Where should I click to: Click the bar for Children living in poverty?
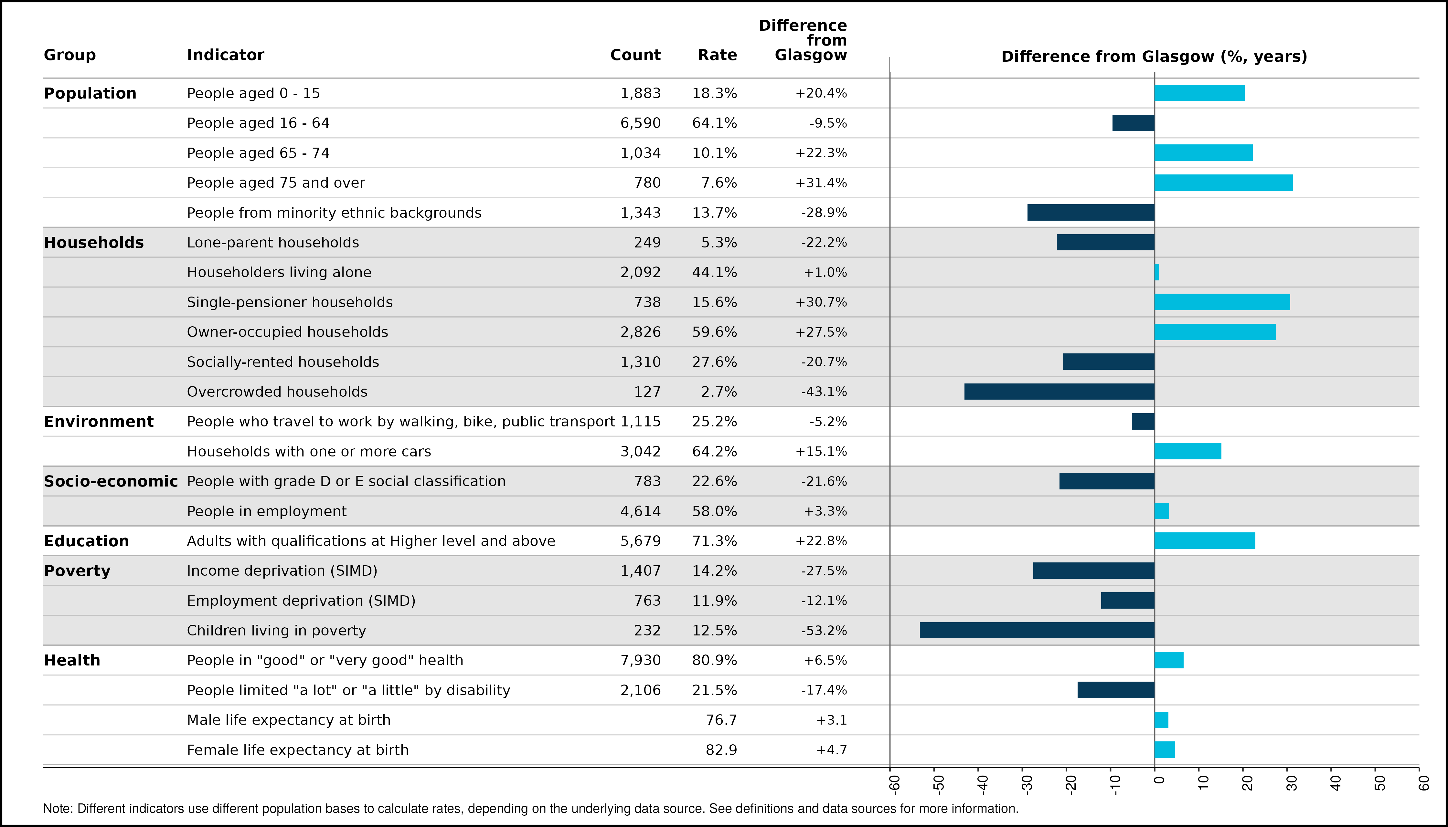[x=1037, y=631]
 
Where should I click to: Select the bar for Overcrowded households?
[x=1059, y=391]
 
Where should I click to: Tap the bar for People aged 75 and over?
[x=1223, y=183]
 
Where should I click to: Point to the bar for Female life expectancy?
[x=1165, y=750]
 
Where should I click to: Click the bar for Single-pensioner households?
[x=1222, y=302]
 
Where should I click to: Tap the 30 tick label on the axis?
[x=1292, y=784]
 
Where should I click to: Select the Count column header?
[x=635, y=55]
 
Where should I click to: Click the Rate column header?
[x=717, y=55]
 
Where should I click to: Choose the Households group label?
[x=94, y=243]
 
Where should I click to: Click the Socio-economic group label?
[x=111, y=481]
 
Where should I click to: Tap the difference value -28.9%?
[x=824, y=213]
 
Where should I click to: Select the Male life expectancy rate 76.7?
[x=721, y=720]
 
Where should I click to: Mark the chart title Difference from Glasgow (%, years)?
[x=1154, y=57]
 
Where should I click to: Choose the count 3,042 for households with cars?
[x=641, y=452]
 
